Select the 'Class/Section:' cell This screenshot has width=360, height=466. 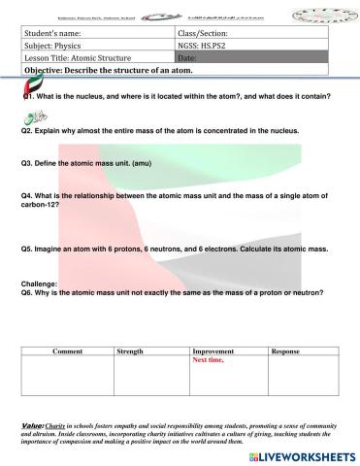[x=200, y=33]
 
